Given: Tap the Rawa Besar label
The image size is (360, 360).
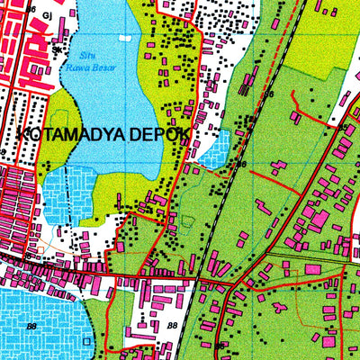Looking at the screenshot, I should (x=82, y=65).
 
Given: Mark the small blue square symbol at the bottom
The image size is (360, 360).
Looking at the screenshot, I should (x=87, y=342).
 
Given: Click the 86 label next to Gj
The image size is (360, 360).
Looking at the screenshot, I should (x=33, y=7).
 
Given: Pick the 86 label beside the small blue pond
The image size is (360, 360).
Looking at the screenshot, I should (x=240, y=164).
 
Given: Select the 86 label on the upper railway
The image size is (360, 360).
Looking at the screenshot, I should (x=267, y=94).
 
